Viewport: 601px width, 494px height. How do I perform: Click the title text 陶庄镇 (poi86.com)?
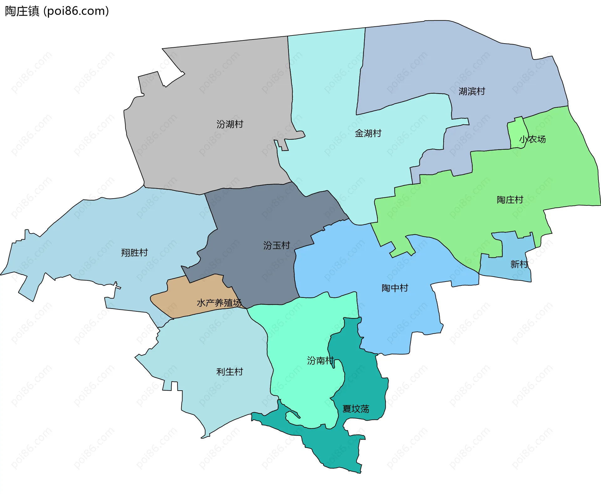point(57,11)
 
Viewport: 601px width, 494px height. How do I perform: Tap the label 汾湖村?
point(229,124)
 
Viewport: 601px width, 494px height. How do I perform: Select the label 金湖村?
point(368,133)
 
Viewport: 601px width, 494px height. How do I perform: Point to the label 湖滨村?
point(472,91)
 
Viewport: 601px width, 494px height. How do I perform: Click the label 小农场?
point(532,139)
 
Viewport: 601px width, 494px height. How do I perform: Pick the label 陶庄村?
point(510,200)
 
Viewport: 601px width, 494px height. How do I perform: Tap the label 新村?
point(519,264)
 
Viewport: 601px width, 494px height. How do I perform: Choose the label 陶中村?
point(395,288)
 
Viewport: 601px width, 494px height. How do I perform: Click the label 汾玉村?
point(276,246)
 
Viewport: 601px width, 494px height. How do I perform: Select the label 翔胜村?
point(134,253)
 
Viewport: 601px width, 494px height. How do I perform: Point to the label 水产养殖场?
point(219,303)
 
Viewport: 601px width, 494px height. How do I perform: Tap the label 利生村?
point(229,372)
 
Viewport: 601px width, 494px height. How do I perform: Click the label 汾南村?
point(320,361)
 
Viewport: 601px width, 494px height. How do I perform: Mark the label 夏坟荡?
point(356,409)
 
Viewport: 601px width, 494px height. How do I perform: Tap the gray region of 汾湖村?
point(203,150)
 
